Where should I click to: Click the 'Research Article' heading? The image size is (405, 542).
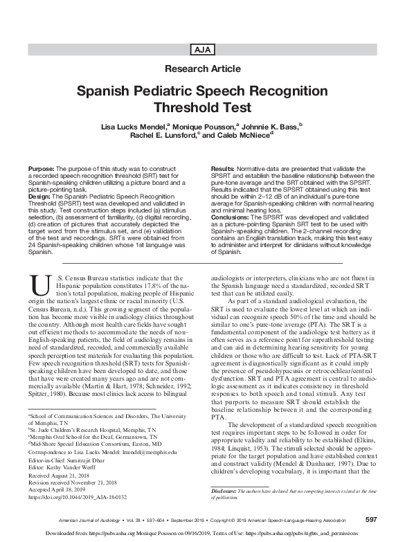click(x=202, y=69)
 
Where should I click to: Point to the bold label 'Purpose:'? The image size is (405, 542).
click(x=42, y=170)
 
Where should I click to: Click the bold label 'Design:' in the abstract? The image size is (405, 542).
click(x=40, y=196)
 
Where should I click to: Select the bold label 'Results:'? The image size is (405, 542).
click(x=223, y=170)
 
